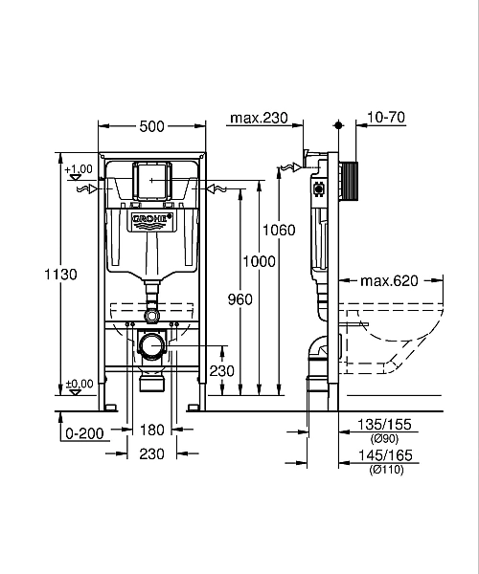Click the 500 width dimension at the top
pyautogui.click(x=153, y=126)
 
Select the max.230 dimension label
pyautogui.click(x=259, y=119)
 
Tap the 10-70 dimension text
pyautogui.click(x=386, y=119)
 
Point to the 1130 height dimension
pyautogui.click(x=61, y=275)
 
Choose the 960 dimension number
pyautogui.click(x=240, y=299)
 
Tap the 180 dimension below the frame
pyautogui.click(x=153, y=430)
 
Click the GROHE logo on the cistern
pyautogui.click(x=153, y=221)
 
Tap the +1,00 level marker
pyautogui.click(x=80, y=169)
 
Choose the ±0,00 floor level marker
pyautogui.click(x=80, y=384)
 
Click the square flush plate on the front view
pyautogui.click(x=153, y=181)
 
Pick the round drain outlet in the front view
pyautogui.click(x=151, y=346)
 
